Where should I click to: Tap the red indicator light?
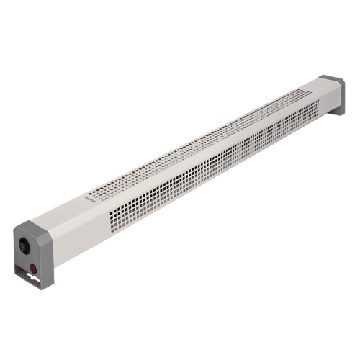34,269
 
